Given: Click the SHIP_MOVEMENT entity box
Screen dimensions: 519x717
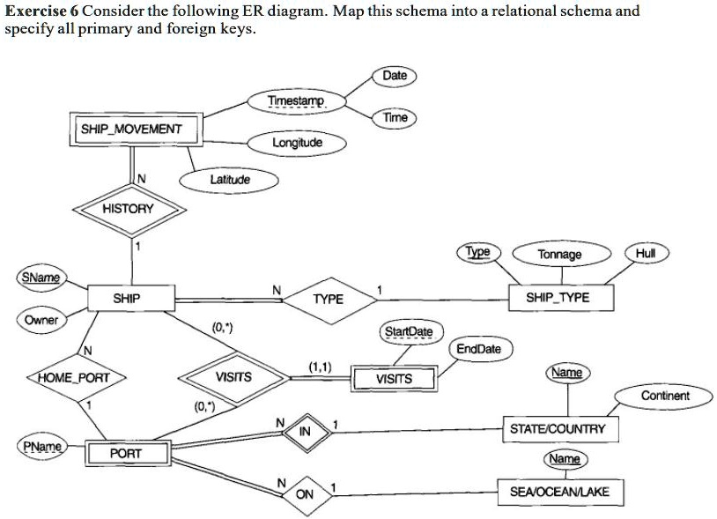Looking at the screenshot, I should tap(131, 130).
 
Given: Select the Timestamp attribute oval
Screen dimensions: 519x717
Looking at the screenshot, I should tap(297, 101).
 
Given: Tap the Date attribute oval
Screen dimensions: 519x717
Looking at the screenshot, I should tap(395, 76).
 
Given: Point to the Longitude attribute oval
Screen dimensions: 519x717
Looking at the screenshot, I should tap(297, 143).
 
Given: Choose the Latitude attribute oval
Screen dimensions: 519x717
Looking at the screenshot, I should tap(230, 180).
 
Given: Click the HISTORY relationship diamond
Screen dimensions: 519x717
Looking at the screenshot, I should tap(128, 209).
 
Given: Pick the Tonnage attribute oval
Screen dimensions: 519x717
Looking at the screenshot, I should tap(559, 254).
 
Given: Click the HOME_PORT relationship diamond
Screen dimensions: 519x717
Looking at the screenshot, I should tap(76, 377).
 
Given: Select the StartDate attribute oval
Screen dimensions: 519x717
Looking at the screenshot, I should tap(408, 332).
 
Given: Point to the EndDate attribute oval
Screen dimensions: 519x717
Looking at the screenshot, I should tap(478, 349).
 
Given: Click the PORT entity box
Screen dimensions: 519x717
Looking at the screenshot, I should tap(126, 453).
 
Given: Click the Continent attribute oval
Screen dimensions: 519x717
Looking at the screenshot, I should tap(665, 396).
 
